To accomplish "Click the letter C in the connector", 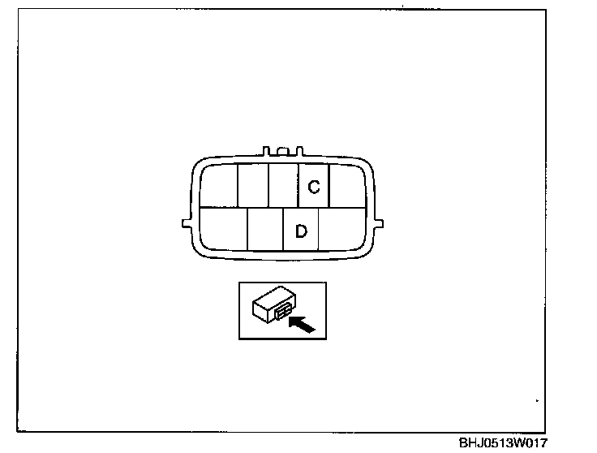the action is coord(314,187).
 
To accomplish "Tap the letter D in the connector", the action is coord(301,231).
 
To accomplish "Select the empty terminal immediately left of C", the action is coord(283,184).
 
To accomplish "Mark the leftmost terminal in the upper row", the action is coord(218,184).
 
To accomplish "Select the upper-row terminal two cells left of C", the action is coord(252,184).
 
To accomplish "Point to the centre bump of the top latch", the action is coord(282,149).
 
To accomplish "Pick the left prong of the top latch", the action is coord(267,151).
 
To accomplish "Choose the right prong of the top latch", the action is coord(298,151).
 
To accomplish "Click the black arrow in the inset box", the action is coord(302,325).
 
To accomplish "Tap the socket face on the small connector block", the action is coord(284,313).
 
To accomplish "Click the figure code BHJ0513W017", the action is coord(503,443).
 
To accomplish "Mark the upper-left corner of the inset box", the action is coord(239,283).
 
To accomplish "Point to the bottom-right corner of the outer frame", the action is coord(545,430).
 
